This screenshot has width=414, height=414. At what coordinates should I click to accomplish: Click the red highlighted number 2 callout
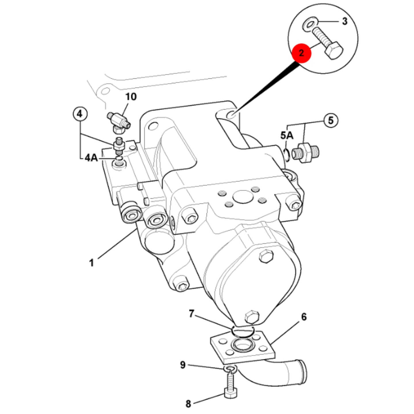301,53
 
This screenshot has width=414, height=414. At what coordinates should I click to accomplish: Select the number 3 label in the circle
345,22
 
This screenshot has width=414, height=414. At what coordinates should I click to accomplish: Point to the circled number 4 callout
80,114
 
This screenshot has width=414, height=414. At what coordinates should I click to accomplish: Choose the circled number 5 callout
331,120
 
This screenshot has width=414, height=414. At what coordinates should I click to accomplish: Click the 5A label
287,135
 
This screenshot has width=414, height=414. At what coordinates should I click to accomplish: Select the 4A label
91,158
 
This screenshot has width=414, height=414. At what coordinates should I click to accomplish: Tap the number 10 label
131,97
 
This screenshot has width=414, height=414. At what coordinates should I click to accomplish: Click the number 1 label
91,263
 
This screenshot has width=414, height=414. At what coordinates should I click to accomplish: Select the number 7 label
192,314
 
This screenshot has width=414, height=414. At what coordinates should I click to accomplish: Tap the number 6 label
304,317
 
